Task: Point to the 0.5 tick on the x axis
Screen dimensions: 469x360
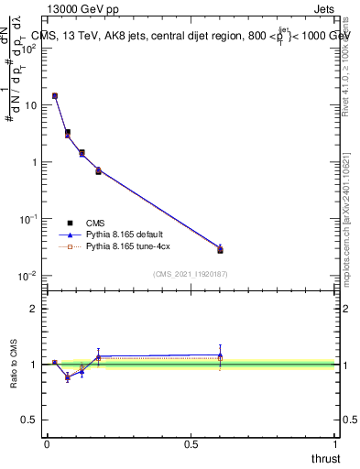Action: [x=191, y=443]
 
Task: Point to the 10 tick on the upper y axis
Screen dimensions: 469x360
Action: [x=31, y=105]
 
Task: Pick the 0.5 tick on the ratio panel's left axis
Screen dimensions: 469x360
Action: [x=31, y=420]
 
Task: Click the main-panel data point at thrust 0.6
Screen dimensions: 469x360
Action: [x=220, y=249]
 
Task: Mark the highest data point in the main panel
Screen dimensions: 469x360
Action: [x=55, y=95]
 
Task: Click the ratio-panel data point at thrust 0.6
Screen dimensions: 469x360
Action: [x=220, y=355]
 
